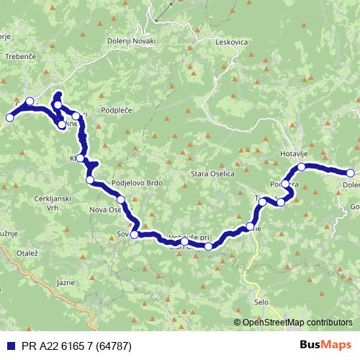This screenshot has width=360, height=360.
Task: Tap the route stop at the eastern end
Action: point(351,173)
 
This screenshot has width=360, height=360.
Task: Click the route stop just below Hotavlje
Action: point(302,167)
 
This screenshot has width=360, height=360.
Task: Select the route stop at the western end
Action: point(30,102)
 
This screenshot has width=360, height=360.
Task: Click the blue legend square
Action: point(8,344)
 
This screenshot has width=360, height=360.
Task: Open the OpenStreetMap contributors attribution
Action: point(297,323)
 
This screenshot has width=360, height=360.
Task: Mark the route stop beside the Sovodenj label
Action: point(134,235)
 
